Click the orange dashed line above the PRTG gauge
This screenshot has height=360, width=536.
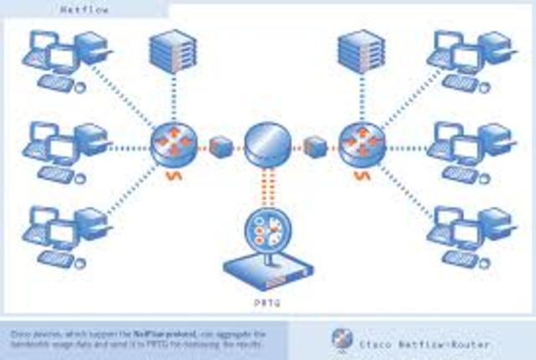pyautogui.click(x=265, y=188)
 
